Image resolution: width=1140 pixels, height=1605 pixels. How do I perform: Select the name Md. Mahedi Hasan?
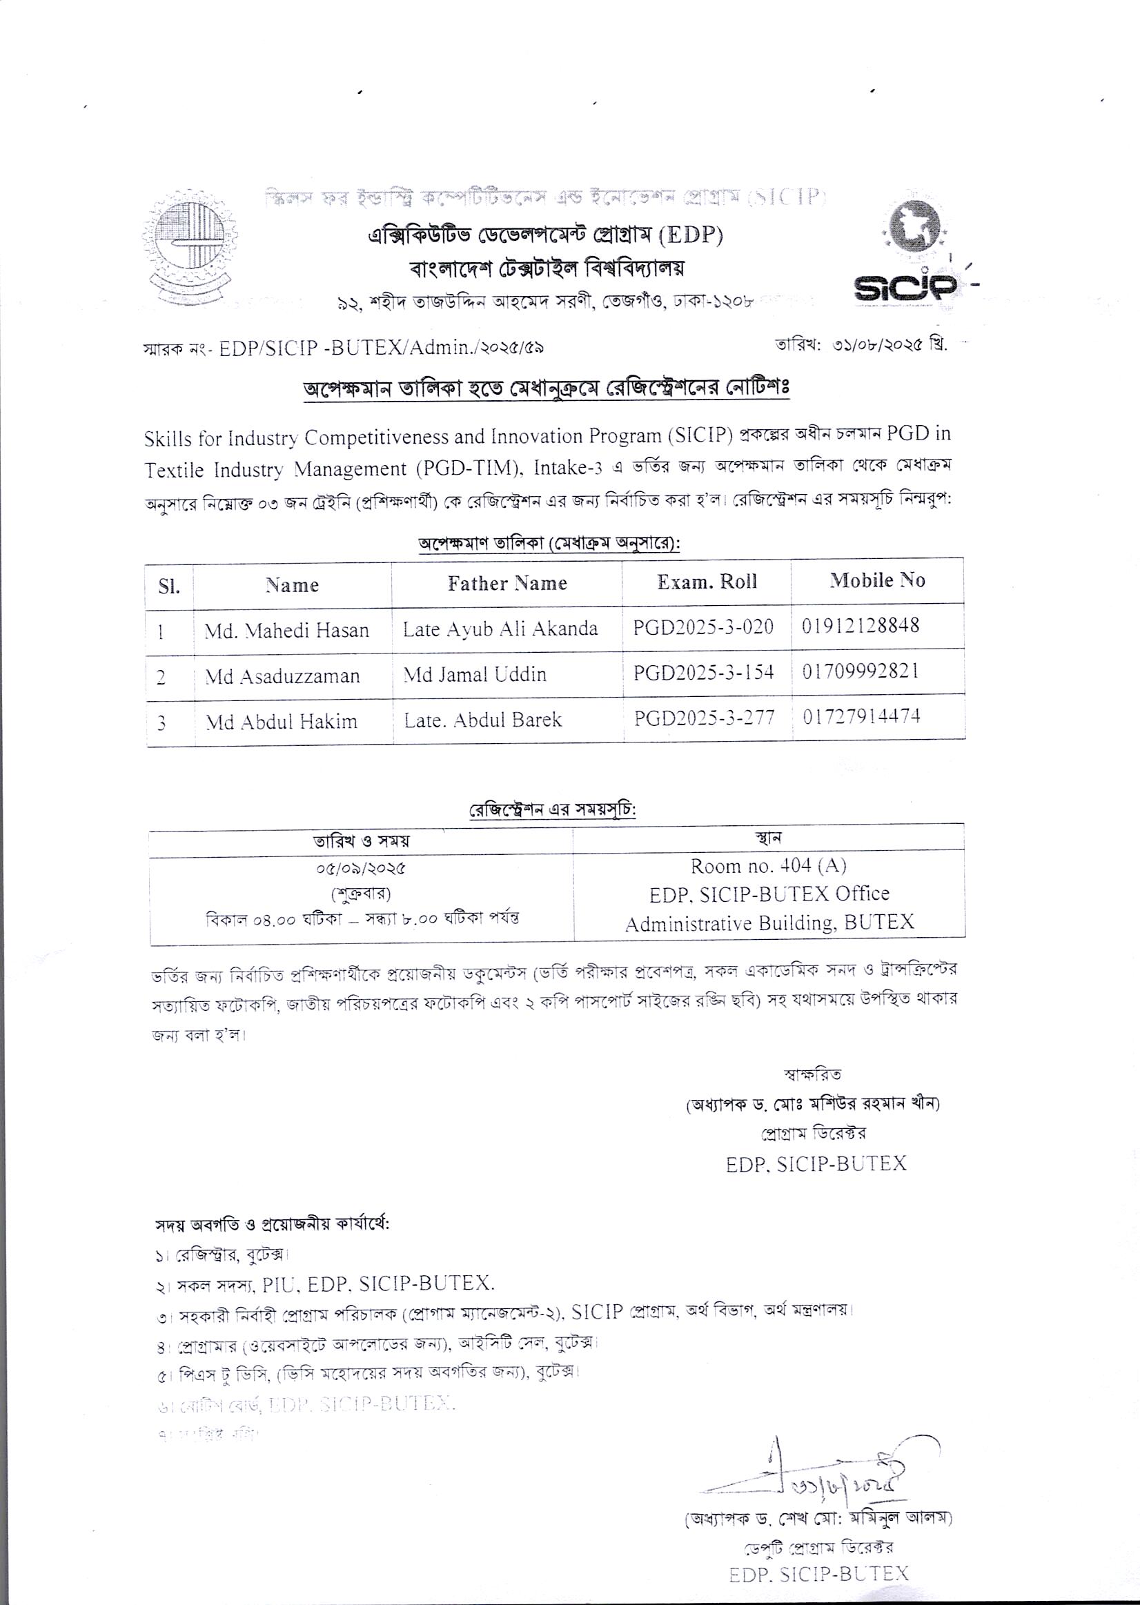pos(286,630)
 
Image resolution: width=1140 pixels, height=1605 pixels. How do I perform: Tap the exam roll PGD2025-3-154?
pos(703,671)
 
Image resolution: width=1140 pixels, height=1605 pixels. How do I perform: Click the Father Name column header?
pos(507,583)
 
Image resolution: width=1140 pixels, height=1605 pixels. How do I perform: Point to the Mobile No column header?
pos(877,580)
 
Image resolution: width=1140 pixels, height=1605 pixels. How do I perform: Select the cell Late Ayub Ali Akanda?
pos(500,628)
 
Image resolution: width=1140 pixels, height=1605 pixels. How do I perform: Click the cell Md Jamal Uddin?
pos(475,674)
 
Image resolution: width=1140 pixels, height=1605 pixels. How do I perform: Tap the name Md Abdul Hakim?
pos(281,722)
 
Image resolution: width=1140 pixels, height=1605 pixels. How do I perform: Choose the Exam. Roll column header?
pos(707,582)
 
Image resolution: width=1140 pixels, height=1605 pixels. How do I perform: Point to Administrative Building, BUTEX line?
pos(769,922)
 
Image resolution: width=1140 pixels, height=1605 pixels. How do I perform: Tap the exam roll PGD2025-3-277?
pos(704,718)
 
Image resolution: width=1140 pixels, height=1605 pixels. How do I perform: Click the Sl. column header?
pos(169,586)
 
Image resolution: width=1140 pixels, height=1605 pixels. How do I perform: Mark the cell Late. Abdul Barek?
pos(482,720)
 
